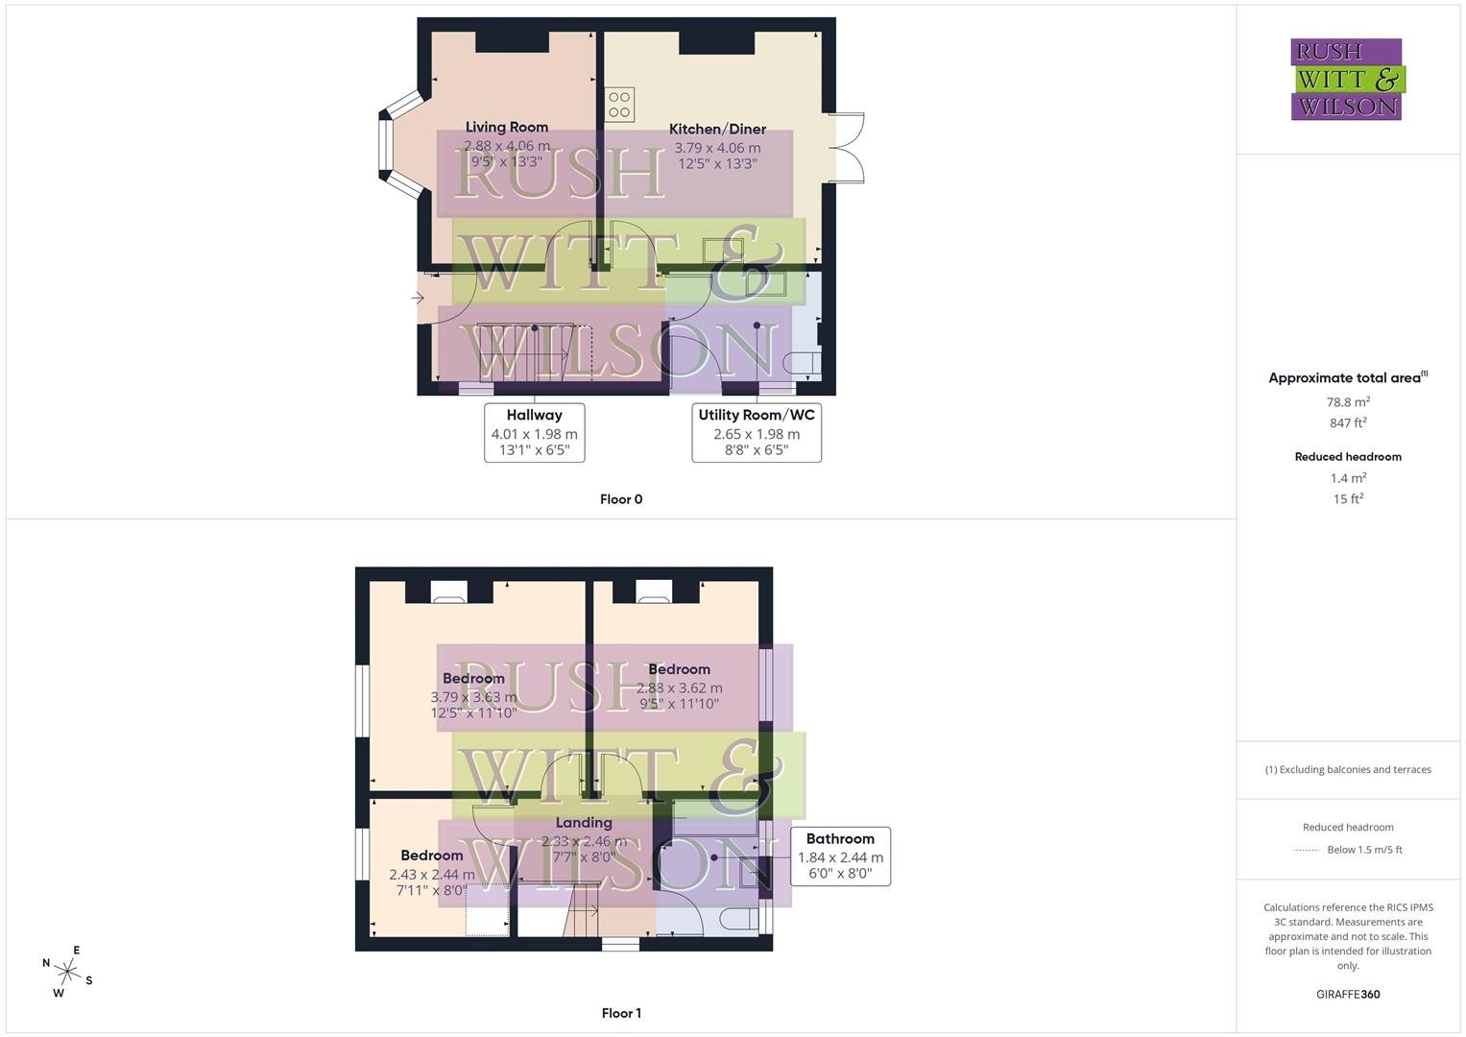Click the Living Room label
tap(506, 127)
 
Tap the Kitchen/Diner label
tap(717, 129)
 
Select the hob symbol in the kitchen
tap(619, 105)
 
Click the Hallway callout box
tap(534, 432)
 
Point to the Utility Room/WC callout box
tap(756, 432)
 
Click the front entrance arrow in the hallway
tap(418, 299)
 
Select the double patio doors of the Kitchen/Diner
tap(847, 148)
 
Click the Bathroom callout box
tap(839, 856)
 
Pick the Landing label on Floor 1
tap(583, 823)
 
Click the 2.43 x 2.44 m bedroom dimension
tap(431, 875)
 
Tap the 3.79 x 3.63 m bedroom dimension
tap(473, 697)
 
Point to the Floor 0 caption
tap(620, 499)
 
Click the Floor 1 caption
tap(620, 1013)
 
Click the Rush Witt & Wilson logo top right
tap(1346, 80)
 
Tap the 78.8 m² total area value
tap(1348, 402)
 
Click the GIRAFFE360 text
tap(1348, 994)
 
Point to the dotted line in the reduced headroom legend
tap(1307, 850)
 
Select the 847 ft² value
tap(1348, 422)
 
